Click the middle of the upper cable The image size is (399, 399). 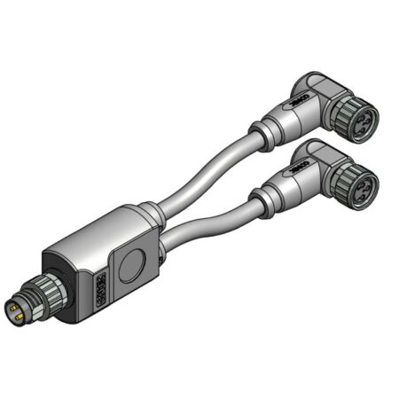coord(208,174)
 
